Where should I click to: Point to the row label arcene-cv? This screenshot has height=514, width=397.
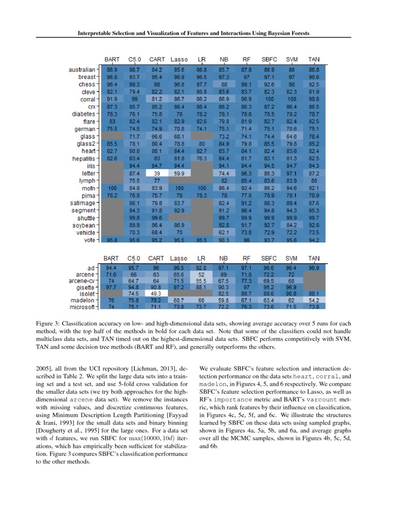pos(81,280)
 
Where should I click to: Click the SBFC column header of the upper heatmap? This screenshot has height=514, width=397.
pos(269,60)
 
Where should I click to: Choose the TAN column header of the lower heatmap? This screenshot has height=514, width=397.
pos(314,258)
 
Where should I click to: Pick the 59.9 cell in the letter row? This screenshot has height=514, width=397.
pos(179,173)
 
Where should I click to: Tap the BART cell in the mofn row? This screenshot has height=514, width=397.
pos(112,188)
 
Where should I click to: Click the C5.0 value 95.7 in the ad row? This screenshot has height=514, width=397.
pos(134,268)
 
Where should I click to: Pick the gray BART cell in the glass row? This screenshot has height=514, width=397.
pos(112,136)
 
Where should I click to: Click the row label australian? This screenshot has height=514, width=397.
pos(82,70)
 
